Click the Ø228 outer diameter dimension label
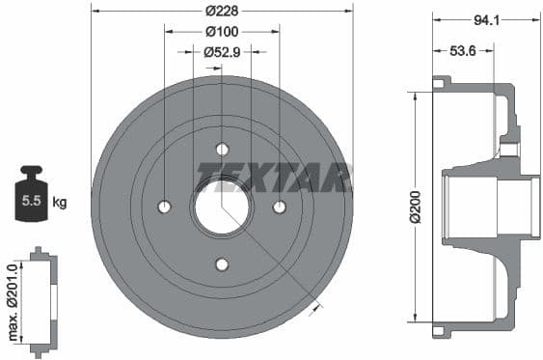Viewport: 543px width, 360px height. [x=222, y=11]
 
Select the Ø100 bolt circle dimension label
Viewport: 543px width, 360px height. [x=222, y=31]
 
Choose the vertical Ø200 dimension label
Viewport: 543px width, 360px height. [x=415, y=207]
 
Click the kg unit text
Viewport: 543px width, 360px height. [x=60, y=202]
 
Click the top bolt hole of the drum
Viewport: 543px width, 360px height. [x=222, y=149]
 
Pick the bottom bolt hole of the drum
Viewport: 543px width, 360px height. [x=222, y=264]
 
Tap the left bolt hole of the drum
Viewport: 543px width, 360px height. [x=164, y=207]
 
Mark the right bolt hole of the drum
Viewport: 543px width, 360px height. [x=280, y=207]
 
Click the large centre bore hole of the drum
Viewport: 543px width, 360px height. [x=222, y=207]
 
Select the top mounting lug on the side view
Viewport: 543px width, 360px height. [x=442, y=83]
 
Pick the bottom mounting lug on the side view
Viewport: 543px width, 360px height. [x=442, y=331]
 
